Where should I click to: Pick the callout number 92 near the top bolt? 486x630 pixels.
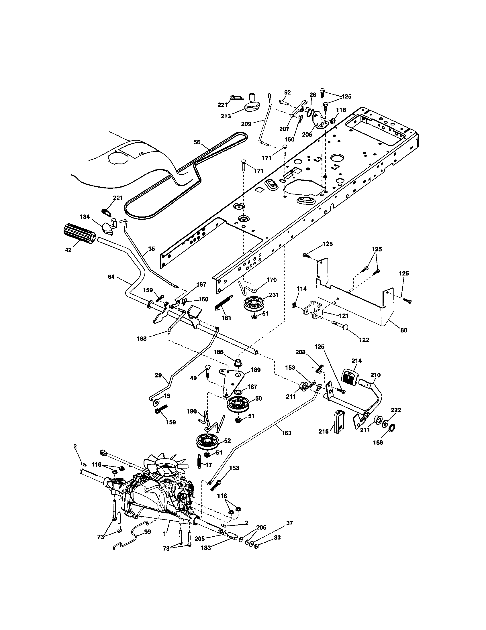click(x=287, y=92)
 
